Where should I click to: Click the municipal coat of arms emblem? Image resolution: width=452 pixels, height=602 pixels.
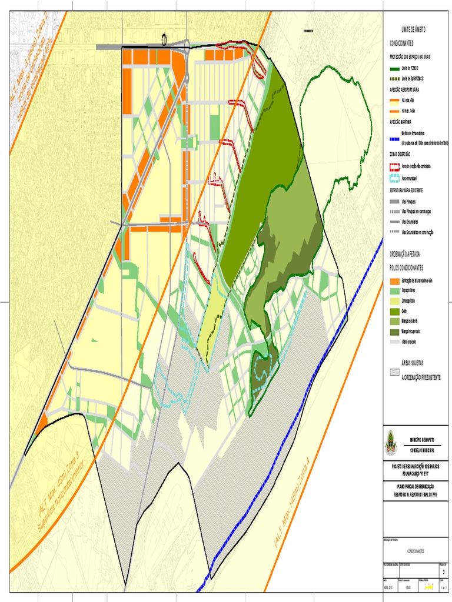391,443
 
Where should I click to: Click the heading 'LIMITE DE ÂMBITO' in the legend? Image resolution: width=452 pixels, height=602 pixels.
413,29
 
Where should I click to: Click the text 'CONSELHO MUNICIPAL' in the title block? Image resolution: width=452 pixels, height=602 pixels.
423,449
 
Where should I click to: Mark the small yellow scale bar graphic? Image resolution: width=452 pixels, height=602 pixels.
429,587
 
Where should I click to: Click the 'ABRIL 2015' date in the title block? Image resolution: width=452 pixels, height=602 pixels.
390,587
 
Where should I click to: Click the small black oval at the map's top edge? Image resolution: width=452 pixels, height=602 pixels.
164,39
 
